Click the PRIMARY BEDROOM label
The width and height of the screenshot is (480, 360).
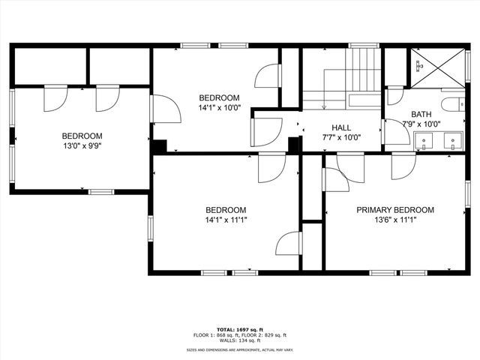[394, 210]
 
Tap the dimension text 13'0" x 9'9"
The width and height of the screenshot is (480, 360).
[82, 146]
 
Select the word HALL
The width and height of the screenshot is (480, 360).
[341, 127]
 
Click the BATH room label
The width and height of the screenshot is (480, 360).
[421, 115]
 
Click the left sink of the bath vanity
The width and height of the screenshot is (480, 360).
[424, 139]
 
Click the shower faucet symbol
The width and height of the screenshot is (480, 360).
[418, 66]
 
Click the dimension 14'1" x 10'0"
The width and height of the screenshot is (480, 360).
[219, 108]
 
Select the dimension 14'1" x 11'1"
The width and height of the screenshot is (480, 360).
[226, 220]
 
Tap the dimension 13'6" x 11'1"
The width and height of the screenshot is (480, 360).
[394, 220]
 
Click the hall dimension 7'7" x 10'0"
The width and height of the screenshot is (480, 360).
[341, 137]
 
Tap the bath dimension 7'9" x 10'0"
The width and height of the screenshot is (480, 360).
[421, 124]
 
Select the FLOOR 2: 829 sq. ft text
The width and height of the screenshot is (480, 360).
[263, 334]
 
